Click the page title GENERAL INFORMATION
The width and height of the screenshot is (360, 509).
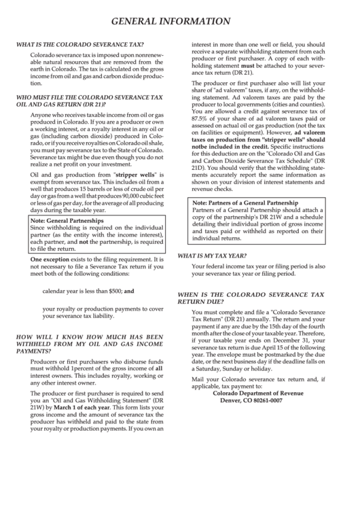(x=180, y=22)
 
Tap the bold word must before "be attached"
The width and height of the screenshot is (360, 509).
(x=247, y=66)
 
